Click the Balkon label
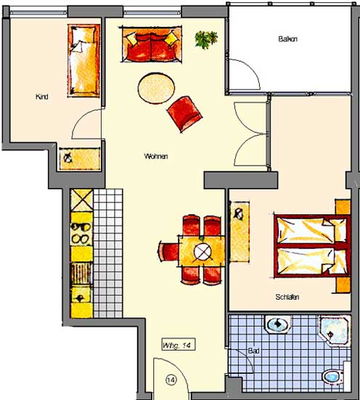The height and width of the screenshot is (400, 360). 288,39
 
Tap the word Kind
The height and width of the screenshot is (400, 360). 42,97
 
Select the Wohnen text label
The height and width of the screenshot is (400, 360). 156,156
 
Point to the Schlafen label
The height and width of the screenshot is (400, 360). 287,297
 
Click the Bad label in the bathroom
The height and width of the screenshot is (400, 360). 253,351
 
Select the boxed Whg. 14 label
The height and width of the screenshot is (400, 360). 179,344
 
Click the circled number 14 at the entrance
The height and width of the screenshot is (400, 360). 171,380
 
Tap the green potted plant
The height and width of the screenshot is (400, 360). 206,39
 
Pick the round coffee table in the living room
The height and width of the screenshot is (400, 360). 156,89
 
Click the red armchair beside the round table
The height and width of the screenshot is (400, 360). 184,114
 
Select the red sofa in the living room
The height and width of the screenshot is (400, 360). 151,44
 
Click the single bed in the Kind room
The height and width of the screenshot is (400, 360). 83,60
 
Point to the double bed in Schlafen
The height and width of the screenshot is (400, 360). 311,246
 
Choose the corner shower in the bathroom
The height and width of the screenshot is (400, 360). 335,330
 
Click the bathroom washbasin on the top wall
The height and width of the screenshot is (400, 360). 278,324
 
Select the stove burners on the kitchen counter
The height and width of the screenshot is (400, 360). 81,233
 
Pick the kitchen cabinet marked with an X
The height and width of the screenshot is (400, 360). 81,200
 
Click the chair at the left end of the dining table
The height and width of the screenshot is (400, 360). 168,251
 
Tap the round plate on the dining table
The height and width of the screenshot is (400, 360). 202,252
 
